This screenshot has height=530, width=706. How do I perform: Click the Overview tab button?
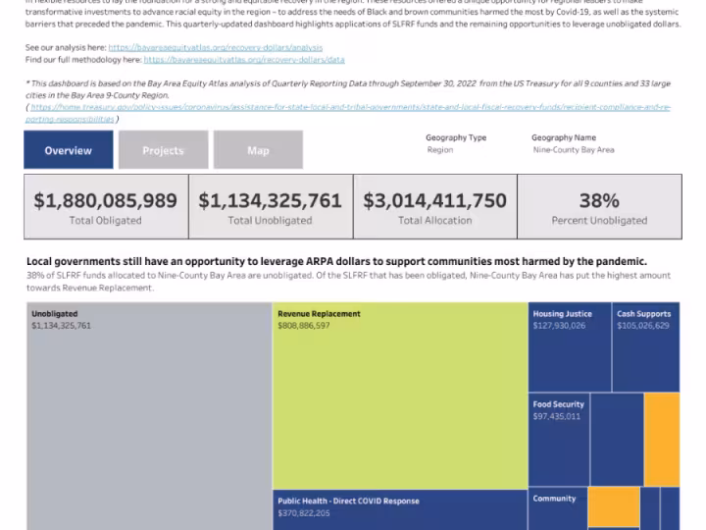click(x=69, y=150)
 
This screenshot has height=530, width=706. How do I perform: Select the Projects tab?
click(x=163, y=150)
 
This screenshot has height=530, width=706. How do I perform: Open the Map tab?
click(x=258, y=150)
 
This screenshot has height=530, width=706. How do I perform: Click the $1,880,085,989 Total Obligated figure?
click(x=106, y=201)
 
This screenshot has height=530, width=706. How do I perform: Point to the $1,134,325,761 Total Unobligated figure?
click(x=270, y=201)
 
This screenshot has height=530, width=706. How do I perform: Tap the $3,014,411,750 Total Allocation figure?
click(x=434, y=201)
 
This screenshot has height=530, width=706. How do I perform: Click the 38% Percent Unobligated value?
click(x=598, y=201)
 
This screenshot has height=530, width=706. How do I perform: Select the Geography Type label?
click(x=456, y=137)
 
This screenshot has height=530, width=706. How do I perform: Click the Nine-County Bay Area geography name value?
click(x=573, y=150)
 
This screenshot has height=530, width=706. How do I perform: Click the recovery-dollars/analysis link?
click(x=215, y=47)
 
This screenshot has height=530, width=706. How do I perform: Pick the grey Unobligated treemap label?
click(x=55, y=314)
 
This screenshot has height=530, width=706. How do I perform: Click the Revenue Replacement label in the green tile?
click(x=319, y=314)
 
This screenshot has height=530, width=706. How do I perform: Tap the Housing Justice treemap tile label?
click(x=562, y=314)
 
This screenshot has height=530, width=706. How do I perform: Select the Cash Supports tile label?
click(x=643, y=314)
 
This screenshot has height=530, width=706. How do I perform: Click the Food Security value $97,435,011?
click(x=558, y=416)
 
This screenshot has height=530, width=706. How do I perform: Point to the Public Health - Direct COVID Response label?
click(x=347, y=501)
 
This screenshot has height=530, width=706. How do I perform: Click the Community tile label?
click(x=554, y=499)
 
